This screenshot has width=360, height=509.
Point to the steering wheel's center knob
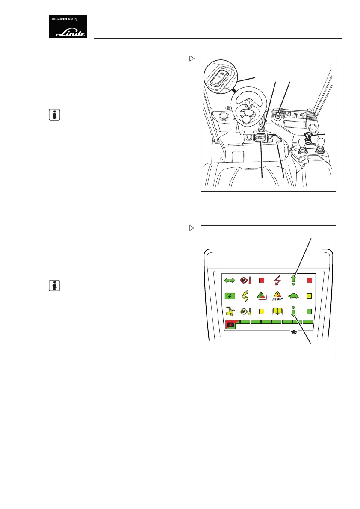(249, 103)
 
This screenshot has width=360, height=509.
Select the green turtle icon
(294, 296)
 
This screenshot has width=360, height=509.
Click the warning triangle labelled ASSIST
(278, 296)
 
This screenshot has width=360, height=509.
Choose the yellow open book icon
(278, 311)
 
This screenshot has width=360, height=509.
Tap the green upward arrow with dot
(294, 281)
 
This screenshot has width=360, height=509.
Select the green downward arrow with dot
(294, 311)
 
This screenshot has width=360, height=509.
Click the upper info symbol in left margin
(55, 115)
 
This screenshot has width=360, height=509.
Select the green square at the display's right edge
(310, 311)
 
